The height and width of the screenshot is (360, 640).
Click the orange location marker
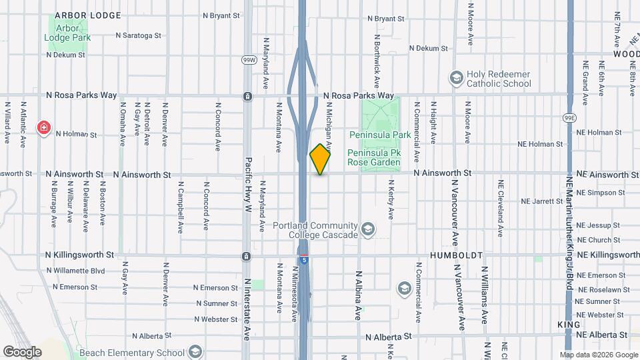[320, 159]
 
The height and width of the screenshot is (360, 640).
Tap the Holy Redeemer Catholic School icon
[457, 79]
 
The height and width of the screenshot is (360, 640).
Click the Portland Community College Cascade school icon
[367, 230]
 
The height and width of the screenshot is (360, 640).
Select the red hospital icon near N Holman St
[45, 127]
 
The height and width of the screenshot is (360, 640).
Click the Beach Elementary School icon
[195, 351]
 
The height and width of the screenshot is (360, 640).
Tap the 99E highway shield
[569, 118]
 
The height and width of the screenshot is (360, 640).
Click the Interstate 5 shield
[303, 261]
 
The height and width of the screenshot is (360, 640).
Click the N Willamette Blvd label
[76, 271]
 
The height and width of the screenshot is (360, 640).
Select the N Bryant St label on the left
[217, 15]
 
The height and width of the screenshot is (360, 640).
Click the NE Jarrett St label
[541, 201]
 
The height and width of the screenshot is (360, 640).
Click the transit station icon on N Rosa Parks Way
[247, 97]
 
